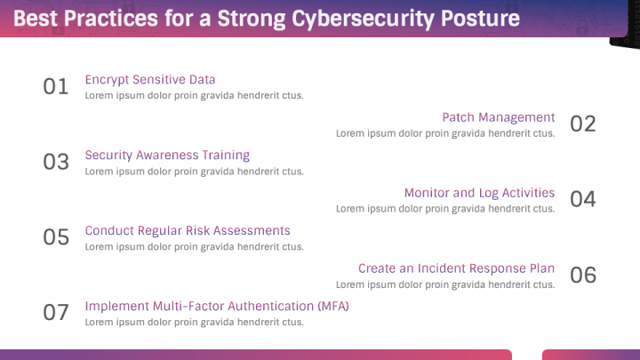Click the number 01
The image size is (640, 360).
(x=56, y=86)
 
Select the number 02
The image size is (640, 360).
(x=583, y=124)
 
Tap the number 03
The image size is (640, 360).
(x=56, y=162)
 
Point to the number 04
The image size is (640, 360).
(x=583, y=199)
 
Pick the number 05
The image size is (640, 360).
(x=56, y=237)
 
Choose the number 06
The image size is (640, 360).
(x=583, y=275)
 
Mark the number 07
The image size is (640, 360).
(x=56, y=313)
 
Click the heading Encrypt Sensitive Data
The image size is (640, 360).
(x=150, y=80)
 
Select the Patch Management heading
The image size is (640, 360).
(x=499, y=117)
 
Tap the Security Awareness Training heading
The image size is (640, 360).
(x=167, y=155)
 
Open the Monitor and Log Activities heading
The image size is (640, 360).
(x=480, y=193)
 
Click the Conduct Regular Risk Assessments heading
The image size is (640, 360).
(x=188, y=230)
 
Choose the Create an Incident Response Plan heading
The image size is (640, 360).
(x=456, y=268)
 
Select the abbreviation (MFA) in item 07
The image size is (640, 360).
(x=333, y=306)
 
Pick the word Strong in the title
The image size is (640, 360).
(x=251, y=20)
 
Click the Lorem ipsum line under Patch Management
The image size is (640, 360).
(x=445, y=133)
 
